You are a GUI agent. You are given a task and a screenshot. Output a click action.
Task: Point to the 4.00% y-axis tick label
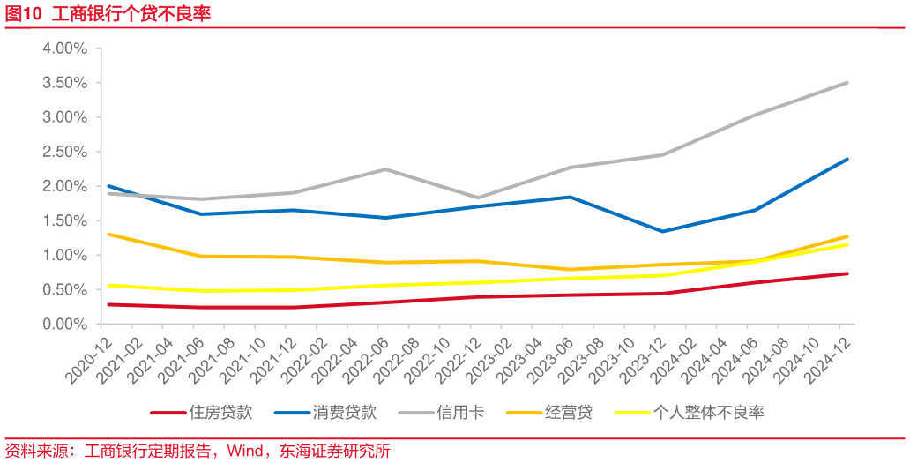pos(64,49)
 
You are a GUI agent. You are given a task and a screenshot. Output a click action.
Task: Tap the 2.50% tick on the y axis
pos(64,152)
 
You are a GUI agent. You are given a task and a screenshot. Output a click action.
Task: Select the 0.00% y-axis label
pos(64,325)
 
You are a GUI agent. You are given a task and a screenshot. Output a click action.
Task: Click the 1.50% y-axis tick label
pos(64,220)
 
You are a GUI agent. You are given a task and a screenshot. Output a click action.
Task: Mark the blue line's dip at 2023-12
pos(663,231)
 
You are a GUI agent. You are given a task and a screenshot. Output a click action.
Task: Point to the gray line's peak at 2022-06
pos(385,169)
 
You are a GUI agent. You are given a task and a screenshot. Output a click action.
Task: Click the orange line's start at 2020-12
pos(108,235)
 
